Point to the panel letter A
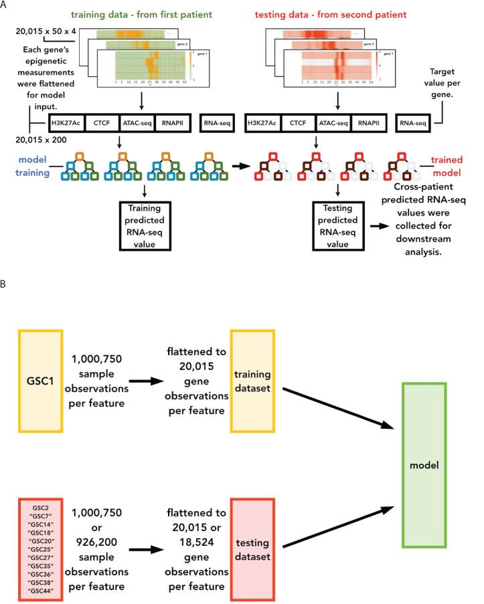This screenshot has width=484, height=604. pyautogui.click(x=5, y=5)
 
